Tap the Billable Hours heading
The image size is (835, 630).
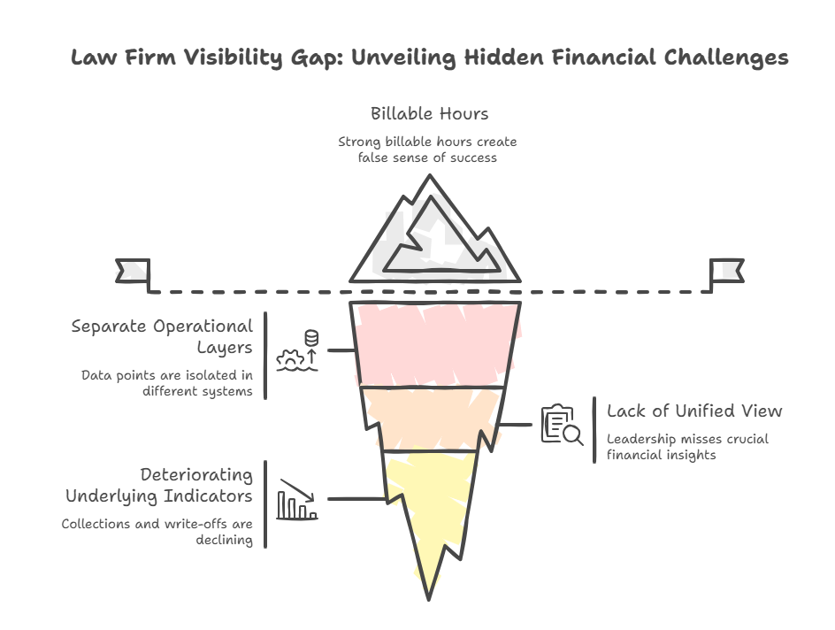point(429,113)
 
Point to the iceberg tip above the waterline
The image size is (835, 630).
point(431,234)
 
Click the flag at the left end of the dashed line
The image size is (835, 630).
point(133,271)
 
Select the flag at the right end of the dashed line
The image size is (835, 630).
point(726,271)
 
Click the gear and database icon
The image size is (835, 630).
point(296,350)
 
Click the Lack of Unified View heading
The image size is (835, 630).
point(693,411)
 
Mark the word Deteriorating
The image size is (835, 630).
point(195,475)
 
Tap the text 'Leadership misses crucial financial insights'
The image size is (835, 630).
point(687,448)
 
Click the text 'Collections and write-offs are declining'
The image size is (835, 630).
point(157,532)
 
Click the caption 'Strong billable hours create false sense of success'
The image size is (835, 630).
point(429,150)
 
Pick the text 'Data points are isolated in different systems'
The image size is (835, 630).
point(166,382)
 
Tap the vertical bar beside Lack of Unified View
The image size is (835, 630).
point(594,430)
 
